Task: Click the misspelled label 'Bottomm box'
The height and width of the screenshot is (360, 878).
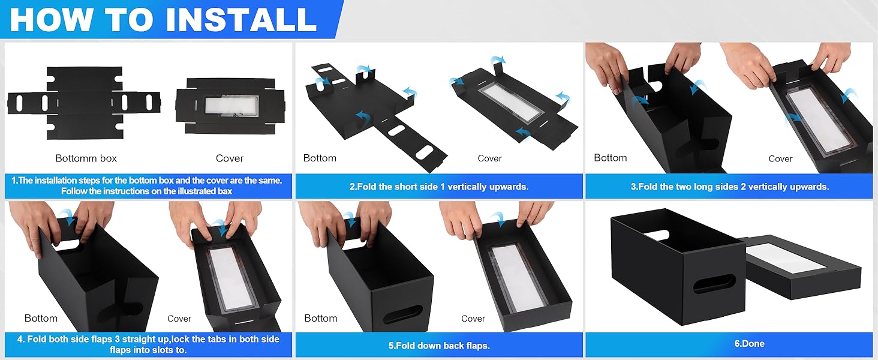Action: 86,158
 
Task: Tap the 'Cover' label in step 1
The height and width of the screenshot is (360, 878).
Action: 230,158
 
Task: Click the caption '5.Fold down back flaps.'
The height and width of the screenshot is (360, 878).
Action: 439,346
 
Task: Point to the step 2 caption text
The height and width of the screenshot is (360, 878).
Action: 439,187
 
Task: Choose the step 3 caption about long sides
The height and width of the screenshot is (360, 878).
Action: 729,187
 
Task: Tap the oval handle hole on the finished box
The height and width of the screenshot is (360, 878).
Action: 714,284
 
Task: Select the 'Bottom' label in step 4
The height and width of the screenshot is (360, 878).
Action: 41,318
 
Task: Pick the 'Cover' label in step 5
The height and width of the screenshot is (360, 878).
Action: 473,319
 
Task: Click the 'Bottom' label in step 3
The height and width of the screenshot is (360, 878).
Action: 610,158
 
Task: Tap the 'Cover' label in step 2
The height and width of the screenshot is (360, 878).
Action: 489,158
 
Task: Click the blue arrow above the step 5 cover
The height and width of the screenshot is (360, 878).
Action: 497,217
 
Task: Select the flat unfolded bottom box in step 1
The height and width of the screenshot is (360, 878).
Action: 84,102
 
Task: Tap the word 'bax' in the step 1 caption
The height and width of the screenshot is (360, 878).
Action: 225,191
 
